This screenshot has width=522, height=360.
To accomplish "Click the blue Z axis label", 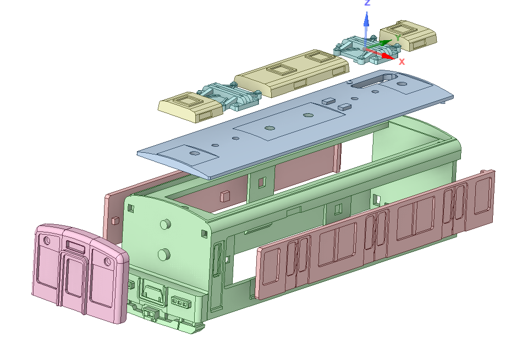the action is click(367, 3).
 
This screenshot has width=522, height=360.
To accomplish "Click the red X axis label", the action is click(402, 62).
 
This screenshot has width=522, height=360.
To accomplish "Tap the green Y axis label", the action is click(398, 38).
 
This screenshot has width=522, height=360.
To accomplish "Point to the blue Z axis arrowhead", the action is click(366, 19).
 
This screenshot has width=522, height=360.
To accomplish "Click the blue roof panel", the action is click(295, 123).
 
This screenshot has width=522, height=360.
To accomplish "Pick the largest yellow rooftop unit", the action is click(292, 73).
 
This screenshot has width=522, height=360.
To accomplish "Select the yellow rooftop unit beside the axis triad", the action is click(408, 35).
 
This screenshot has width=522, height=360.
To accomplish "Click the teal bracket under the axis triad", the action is click(366, 51).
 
